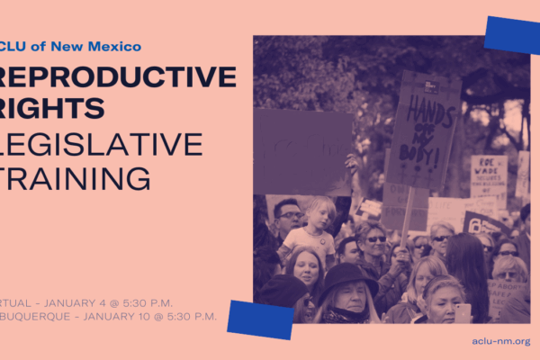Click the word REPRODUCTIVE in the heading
pos(121,76)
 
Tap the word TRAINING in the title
pos(76,177)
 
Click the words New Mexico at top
pos(99,46)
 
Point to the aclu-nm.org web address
pos(500,341)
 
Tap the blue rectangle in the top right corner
pos(511,35)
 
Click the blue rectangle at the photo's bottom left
pos(260,319)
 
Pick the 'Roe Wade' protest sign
pos(488,180)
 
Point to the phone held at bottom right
pos(463,312)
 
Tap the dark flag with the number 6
pos(475,223)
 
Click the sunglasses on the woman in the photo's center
pos(375,239)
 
